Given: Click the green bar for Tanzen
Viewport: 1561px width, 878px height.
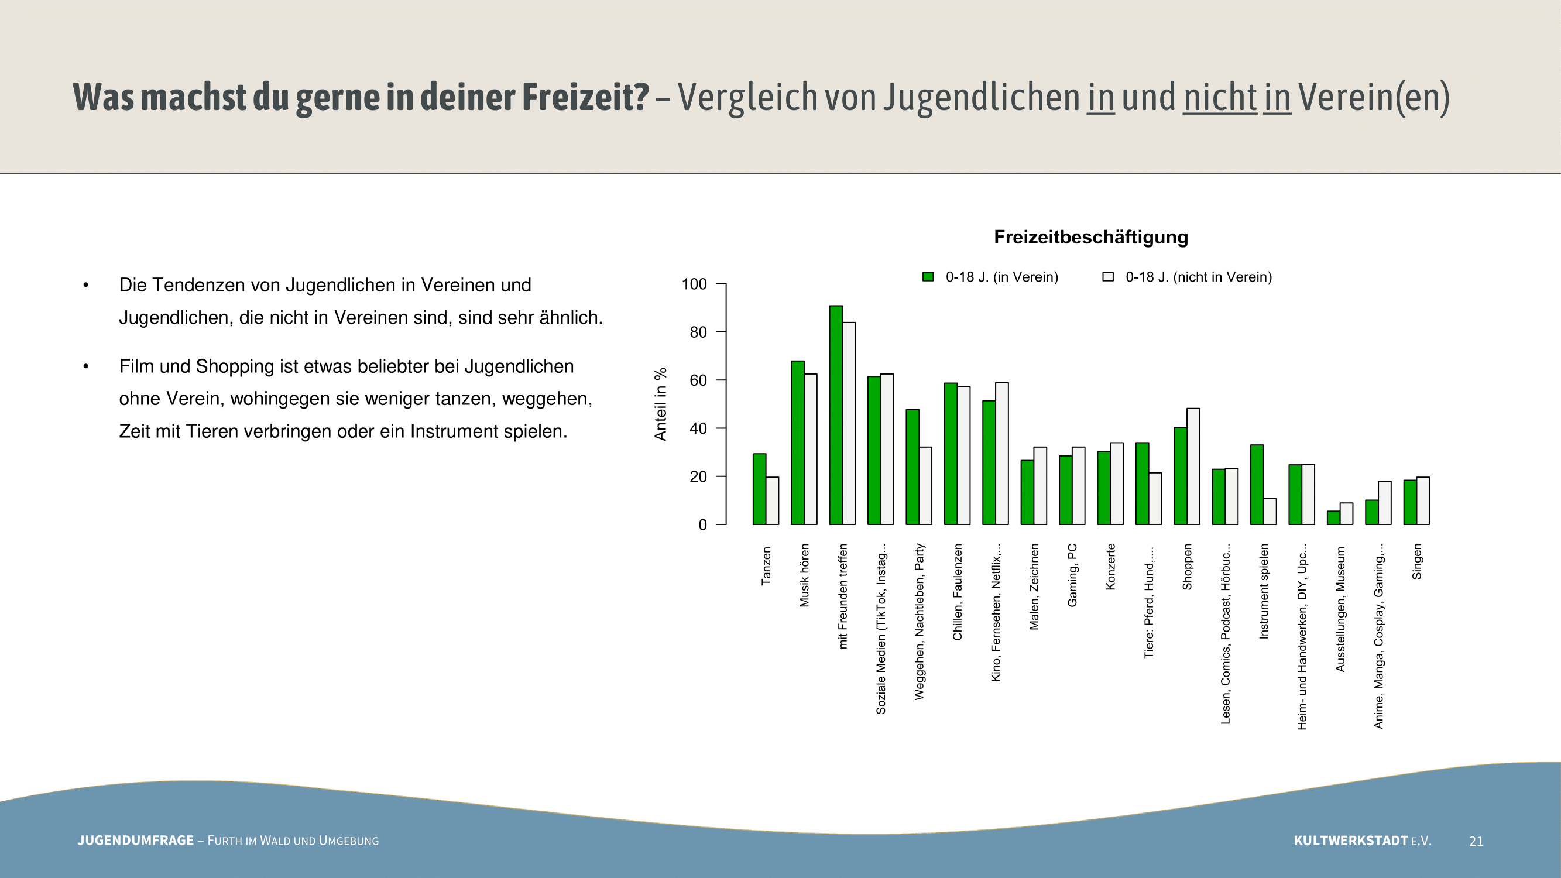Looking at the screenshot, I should (x=759, y=489).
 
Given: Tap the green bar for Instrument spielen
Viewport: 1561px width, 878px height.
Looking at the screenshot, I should (x=1257, y=485).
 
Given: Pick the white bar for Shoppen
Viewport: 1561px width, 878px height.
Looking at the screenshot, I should (x=1193, y=466).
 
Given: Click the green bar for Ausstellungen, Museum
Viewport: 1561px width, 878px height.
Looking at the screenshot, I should (x=1333, y=517).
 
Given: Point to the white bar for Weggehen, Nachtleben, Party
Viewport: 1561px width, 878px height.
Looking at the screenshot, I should (x=925, y=485).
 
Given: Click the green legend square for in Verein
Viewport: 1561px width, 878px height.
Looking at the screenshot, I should (x=928, y=277).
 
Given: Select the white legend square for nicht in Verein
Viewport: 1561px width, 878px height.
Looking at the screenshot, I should (x=1108, y=277).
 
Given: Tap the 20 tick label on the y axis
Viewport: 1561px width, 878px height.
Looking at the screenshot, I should (x=699, y=477).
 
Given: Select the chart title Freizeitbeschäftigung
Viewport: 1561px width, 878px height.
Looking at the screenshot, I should (x=1091, y=237).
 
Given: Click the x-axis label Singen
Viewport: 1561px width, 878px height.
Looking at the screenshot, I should (x=1417, y=562).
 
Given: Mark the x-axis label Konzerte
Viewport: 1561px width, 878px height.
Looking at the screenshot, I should (x=1111, y=567).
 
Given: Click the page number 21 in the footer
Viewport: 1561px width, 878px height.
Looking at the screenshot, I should (x=1476, y=841).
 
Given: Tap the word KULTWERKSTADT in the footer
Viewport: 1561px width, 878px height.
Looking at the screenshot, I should (x=1351, y=841).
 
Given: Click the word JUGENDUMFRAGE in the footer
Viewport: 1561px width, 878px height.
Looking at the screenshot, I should (x=136, y=841).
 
